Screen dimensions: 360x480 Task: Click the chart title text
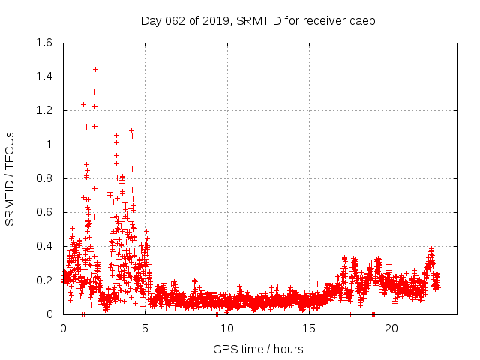(x=258, y=20)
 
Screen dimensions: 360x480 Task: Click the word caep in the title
(x=362, y=21)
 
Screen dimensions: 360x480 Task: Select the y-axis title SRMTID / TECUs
(x=10, y=178)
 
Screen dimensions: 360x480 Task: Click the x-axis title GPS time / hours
(x=258, y=349)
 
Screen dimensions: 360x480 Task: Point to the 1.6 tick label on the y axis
(x=43, y=43)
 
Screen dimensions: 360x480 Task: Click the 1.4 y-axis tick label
(x=43, y=76)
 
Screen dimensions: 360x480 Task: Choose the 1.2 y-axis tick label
(x=43, y=110)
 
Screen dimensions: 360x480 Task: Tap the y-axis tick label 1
(x=50, y=145)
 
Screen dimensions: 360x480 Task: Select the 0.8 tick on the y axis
(x=43, y=178)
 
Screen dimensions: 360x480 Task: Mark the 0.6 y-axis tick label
(x=43, y=212)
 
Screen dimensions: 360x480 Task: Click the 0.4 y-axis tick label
(x=43, y=246)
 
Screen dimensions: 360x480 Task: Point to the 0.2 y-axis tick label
(x=43, y=280)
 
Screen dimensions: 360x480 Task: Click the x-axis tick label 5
(x=145, y=328)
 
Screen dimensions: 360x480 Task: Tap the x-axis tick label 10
(x=227, y=328)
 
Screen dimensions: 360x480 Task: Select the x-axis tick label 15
(x=310, y=328)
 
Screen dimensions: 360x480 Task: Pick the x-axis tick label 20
(x=391, y=328)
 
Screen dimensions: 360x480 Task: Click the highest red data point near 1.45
(x=95, y=69)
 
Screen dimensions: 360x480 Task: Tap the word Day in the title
(x=151, y=21)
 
